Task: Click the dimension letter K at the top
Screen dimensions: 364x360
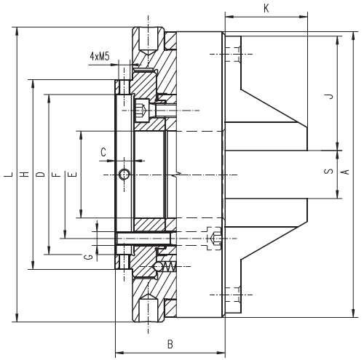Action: (x=266, y=9)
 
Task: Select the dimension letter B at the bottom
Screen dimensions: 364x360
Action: (x=170, y=344)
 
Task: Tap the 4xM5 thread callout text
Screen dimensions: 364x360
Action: (x=100, y=56)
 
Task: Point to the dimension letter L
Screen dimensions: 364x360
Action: (x=8, y=175)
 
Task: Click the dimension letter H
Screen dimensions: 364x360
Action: (x=24, y=175)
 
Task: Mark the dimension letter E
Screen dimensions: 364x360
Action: (x=73, y=175)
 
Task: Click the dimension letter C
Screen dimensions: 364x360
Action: (x=103, y=153)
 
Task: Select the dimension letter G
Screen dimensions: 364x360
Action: (x=89, y=257)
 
